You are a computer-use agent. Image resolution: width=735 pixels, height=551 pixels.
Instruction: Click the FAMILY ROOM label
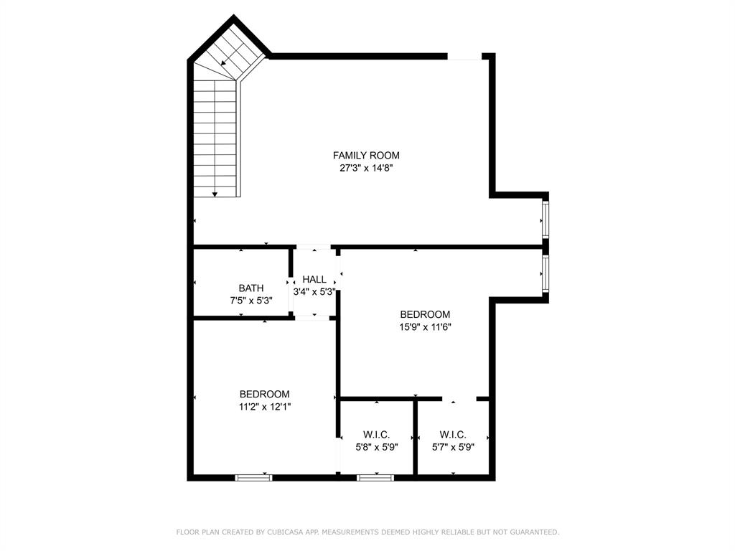point(366,155)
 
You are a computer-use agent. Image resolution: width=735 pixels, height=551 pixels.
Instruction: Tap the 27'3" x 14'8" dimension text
point(366,168)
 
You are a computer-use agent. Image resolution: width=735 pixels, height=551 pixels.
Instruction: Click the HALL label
point(314,279)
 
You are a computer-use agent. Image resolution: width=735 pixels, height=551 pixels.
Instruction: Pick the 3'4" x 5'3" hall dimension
point(314,292)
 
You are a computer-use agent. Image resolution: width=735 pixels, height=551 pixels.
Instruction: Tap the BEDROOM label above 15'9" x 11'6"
point(425,314)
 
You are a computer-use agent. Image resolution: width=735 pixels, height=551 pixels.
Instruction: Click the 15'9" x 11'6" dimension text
point(425,327)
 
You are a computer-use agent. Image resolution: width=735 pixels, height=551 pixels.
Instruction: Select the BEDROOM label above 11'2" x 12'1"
point(265,394)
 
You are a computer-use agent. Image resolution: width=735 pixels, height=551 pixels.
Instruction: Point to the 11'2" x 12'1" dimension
point(265,407)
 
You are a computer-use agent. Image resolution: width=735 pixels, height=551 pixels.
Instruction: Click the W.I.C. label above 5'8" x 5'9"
point(376,435)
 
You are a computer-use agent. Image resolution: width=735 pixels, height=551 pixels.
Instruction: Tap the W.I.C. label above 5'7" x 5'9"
point(453,435)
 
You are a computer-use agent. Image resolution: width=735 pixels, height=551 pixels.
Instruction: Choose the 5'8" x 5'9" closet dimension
point(376,447)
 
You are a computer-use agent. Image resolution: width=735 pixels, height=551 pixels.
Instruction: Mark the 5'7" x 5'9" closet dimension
point(453,447)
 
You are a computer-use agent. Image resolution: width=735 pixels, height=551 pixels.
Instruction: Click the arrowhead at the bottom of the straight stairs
point(215,194)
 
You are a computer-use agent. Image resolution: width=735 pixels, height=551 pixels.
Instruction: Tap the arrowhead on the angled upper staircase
point(224,63)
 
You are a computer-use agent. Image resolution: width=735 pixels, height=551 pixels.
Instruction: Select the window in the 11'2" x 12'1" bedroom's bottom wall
point(254,477)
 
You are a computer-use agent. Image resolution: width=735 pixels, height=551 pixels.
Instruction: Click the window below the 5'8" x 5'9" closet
point(375,477)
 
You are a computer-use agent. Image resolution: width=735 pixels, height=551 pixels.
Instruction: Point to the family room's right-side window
point(546,220)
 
